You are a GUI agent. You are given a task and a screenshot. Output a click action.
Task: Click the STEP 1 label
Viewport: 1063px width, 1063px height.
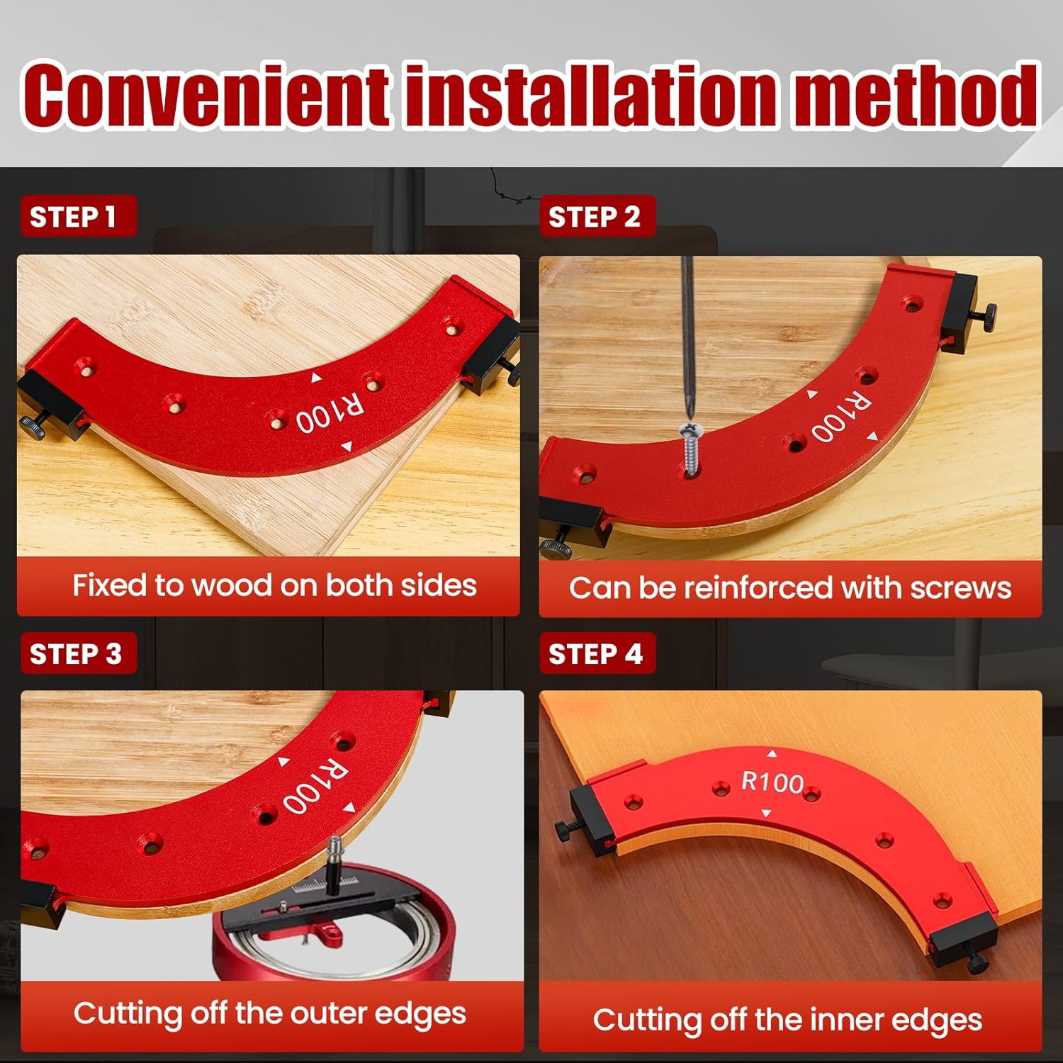click(x=73, y=216)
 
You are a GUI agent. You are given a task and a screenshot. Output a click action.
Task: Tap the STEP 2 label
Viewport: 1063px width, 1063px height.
click(x=594, y=216)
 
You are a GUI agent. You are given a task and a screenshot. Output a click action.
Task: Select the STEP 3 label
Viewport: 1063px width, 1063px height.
click(x=75, y=653)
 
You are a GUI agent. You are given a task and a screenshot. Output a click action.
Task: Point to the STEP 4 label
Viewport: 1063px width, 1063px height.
click(x=595, y=653)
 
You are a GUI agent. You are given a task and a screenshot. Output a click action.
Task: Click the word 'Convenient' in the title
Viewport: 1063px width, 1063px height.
click(x=206, y=96)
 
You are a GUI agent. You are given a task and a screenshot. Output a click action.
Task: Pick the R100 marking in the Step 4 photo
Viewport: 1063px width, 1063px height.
click(x=772, y=782)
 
